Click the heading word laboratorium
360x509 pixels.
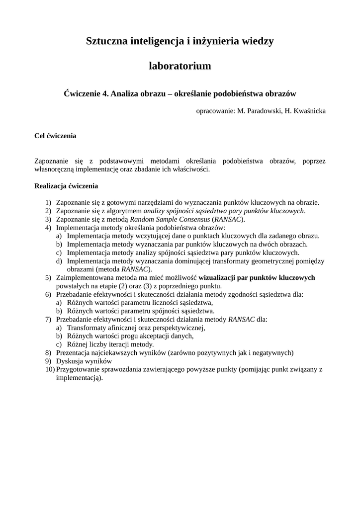180,66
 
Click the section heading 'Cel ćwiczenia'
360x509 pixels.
55,135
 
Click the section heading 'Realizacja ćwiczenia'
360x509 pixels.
66,186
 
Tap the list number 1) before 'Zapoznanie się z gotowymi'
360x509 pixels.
48,202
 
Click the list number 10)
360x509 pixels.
50,369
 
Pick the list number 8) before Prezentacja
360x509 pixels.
48,353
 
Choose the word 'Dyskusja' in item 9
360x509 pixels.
70,361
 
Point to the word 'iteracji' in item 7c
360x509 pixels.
125,344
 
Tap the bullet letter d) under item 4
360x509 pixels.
59,261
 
